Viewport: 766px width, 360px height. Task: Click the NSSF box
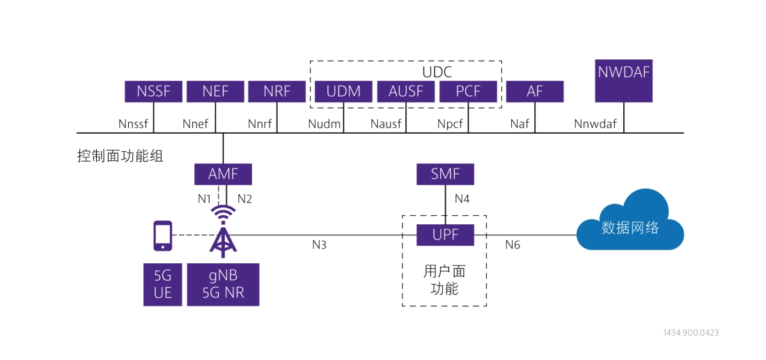coord(153,92)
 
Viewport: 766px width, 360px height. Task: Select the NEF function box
coord(216,92)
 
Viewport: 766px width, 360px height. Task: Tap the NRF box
coord(276,92)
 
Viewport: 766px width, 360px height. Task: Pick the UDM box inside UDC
coord(343,92)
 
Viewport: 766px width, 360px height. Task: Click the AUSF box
coord(406,92)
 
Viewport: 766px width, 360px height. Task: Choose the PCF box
coord(468,92)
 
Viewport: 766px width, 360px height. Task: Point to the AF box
coord(535,92)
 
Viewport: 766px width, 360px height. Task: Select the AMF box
coord(223,174)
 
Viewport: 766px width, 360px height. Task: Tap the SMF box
coord(445,174)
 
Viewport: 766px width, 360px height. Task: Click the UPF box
coord(445,235)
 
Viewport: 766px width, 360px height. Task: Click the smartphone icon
coord(163,235)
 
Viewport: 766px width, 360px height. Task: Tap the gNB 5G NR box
coord(223,284)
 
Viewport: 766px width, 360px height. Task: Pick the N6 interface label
coord(513,245)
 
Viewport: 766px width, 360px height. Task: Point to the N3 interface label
coord(320,245)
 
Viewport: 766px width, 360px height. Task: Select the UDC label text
coord(437,72)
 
